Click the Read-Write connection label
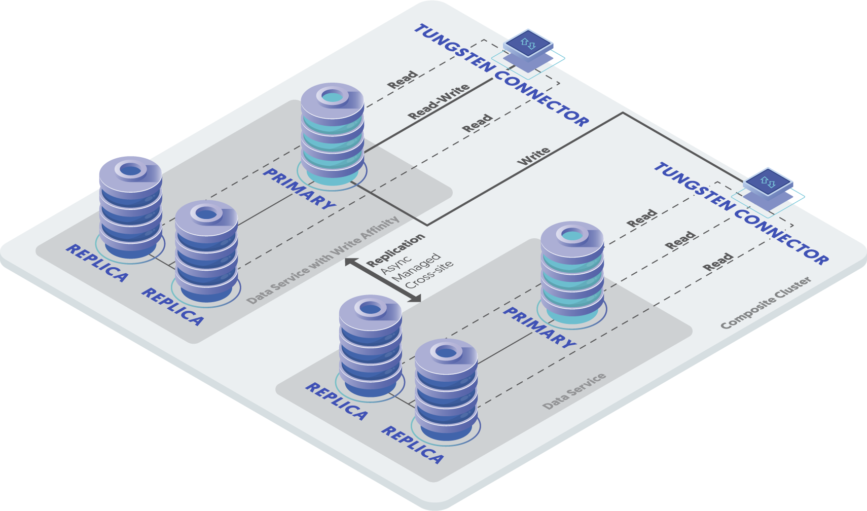point(439,102)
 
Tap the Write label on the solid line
point(534,156)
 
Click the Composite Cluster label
point(766,303)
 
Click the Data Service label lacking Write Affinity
point(574,391)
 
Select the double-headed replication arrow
point(383,280)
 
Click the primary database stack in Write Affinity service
point(332,134)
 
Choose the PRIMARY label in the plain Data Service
point(539,327)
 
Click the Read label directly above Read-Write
point(403,80)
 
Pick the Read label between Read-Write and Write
point(477,123)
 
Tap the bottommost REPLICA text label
point(412,445)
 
